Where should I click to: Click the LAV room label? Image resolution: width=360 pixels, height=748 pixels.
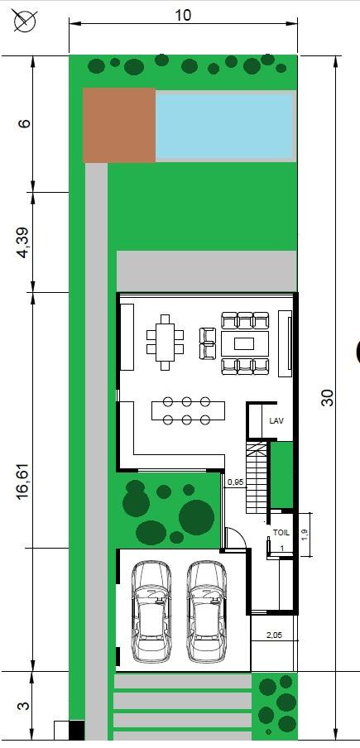tap(276, 420)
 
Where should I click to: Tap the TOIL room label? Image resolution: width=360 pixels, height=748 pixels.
tap(281, 532)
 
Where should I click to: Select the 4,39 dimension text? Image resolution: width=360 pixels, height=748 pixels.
tap(24, 242)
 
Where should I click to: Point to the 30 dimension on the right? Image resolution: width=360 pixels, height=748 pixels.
tap(328, 397)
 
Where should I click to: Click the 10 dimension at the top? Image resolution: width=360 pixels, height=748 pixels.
tap(183, 15)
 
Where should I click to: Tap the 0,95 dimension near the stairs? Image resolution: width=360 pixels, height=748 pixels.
tap(236, 482)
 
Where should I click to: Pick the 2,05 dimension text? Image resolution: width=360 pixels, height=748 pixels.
tap(274, 635)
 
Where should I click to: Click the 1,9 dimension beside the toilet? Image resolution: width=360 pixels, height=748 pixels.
tap(305, 535)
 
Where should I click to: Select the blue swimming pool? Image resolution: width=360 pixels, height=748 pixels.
tap(223, 126)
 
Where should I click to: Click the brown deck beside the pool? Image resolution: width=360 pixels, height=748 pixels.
tap(119, 125)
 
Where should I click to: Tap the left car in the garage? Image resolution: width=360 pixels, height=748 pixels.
tap(151, 611)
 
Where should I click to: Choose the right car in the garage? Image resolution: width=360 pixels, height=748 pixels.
tap(206, 611)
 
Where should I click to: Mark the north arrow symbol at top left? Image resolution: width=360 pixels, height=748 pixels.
tap(26, 21)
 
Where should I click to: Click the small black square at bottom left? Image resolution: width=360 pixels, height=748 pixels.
tap(77, 730)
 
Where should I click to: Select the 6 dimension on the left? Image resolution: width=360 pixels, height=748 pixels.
tap(25, 123)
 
